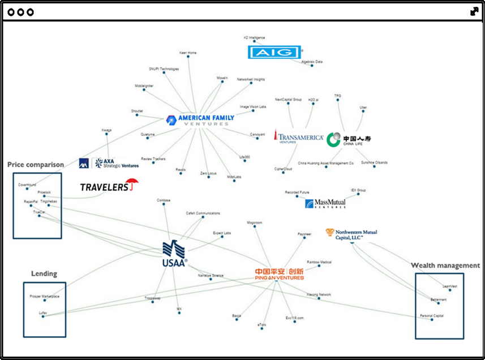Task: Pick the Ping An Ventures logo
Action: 279,274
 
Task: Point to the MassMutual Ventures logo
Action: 325,204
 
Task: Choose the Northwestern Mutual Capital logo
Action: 351,234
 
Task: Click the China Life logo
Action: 349,139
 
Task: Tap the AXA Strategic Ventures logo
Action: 109,163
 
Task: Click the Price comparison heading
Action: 36,165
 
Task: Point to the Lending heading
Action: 44,274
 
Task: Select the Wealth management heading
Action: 445,265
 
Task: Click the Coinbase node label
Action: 164,200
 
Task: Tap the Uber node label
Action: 363,108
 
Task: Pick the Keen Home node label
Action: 188,53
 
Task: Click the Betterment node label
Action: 439,300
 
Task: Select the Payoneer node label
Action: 304,234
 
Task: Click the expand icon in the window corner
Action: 474,11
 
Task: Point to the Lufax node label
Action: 42,312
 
